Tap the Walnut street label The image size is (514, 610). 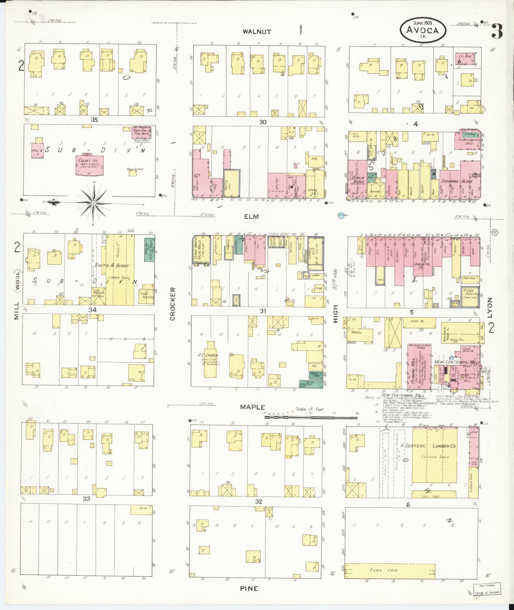[x=257, y=32]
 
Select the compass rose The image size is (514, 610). [x=93, y=203]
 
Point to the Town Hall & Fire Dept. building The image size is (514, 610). [x=141, y=132]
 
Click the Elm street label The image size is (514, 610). [x=251, y=217]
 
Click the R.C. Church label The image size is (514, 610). [x=207, y=355]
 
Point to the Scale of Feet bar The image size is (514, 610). [x=311, y=416]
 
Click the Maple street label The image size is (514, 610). [x=253, y=407]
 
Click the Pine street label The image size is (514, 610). [x=249, y=589]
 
